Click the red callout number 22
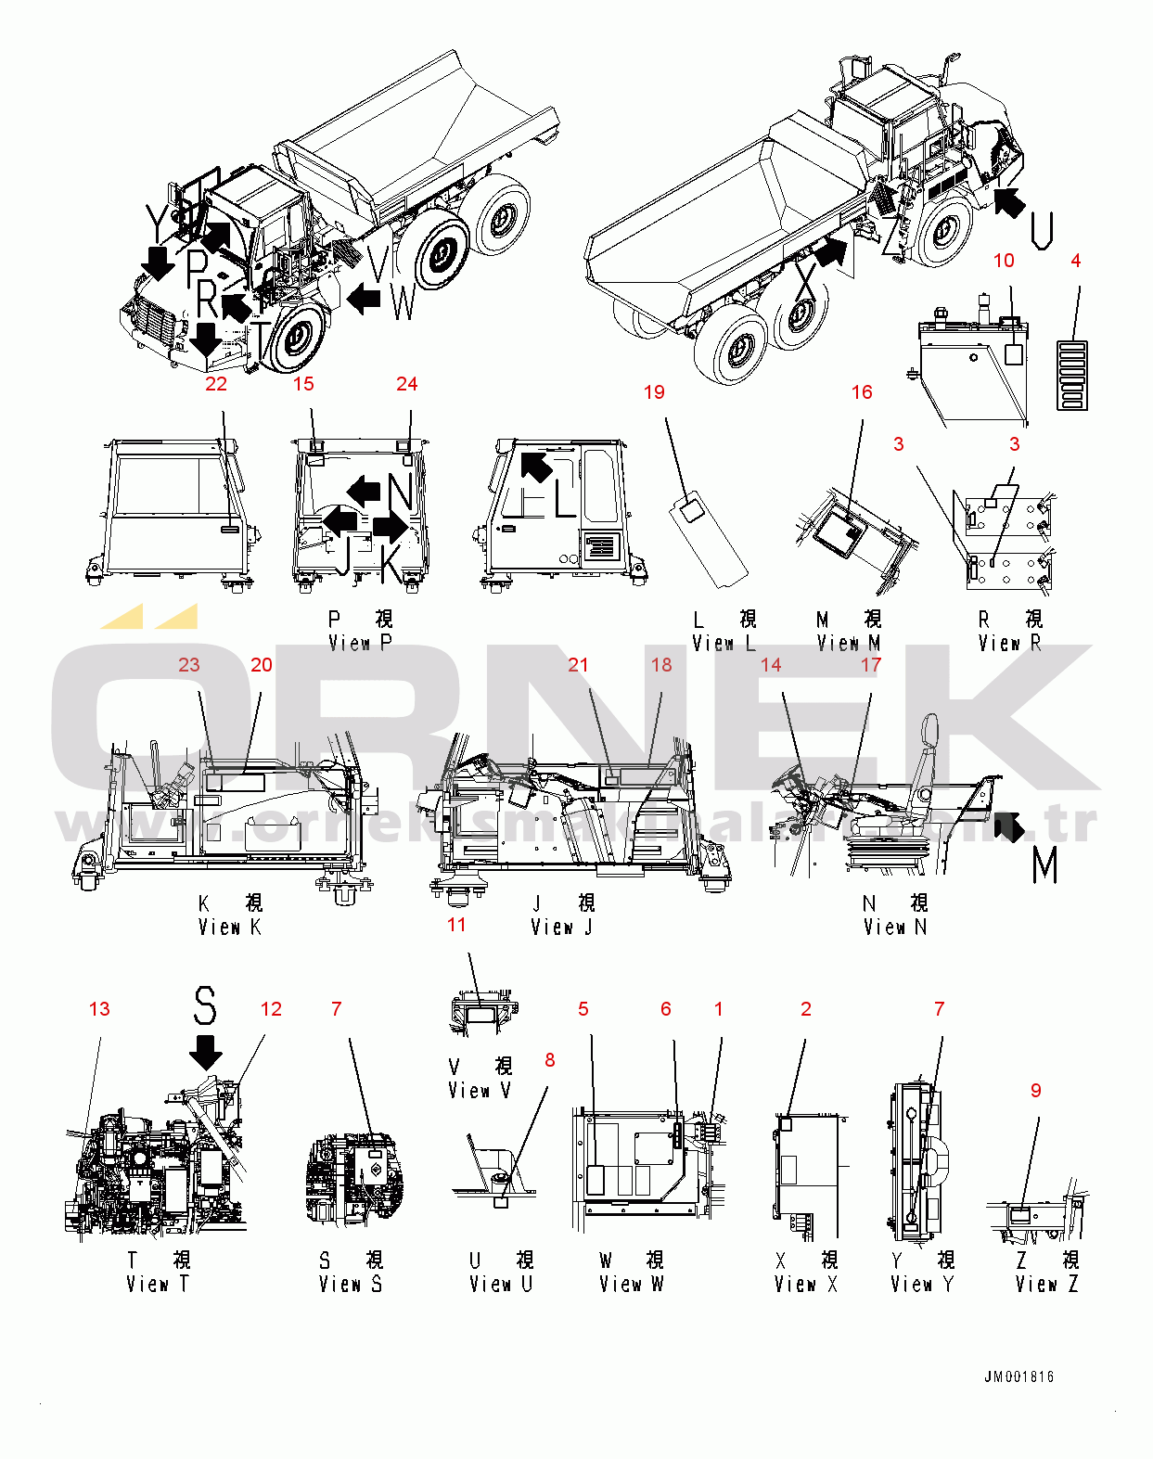(216, 384)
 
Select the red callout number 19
(654, 392)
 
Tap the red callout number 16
(862, 392)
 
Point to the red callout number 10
(1004, 261)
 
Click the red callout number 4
(1075, 261)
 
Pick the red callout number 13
(99, 1009)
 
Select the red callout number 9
(1036, 1091)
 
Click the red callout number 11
(456, 925)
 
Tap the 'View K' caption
(229, 927)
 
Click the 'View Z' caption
(1046, 1284)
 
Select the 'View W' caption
(631, 1284)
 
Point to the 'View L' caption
(724, 643)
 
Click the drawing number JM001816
(1018, 1376)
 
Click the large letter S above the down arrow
(205, 1006)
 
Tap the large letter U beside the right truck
(1042, 230)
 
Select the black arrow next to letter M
(1009, 825)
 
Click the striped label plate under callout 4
(1071, 375)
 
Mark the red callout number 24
(406, 384)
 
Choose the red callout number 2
(805, 1009)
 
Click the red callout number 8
(550, 1059)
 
